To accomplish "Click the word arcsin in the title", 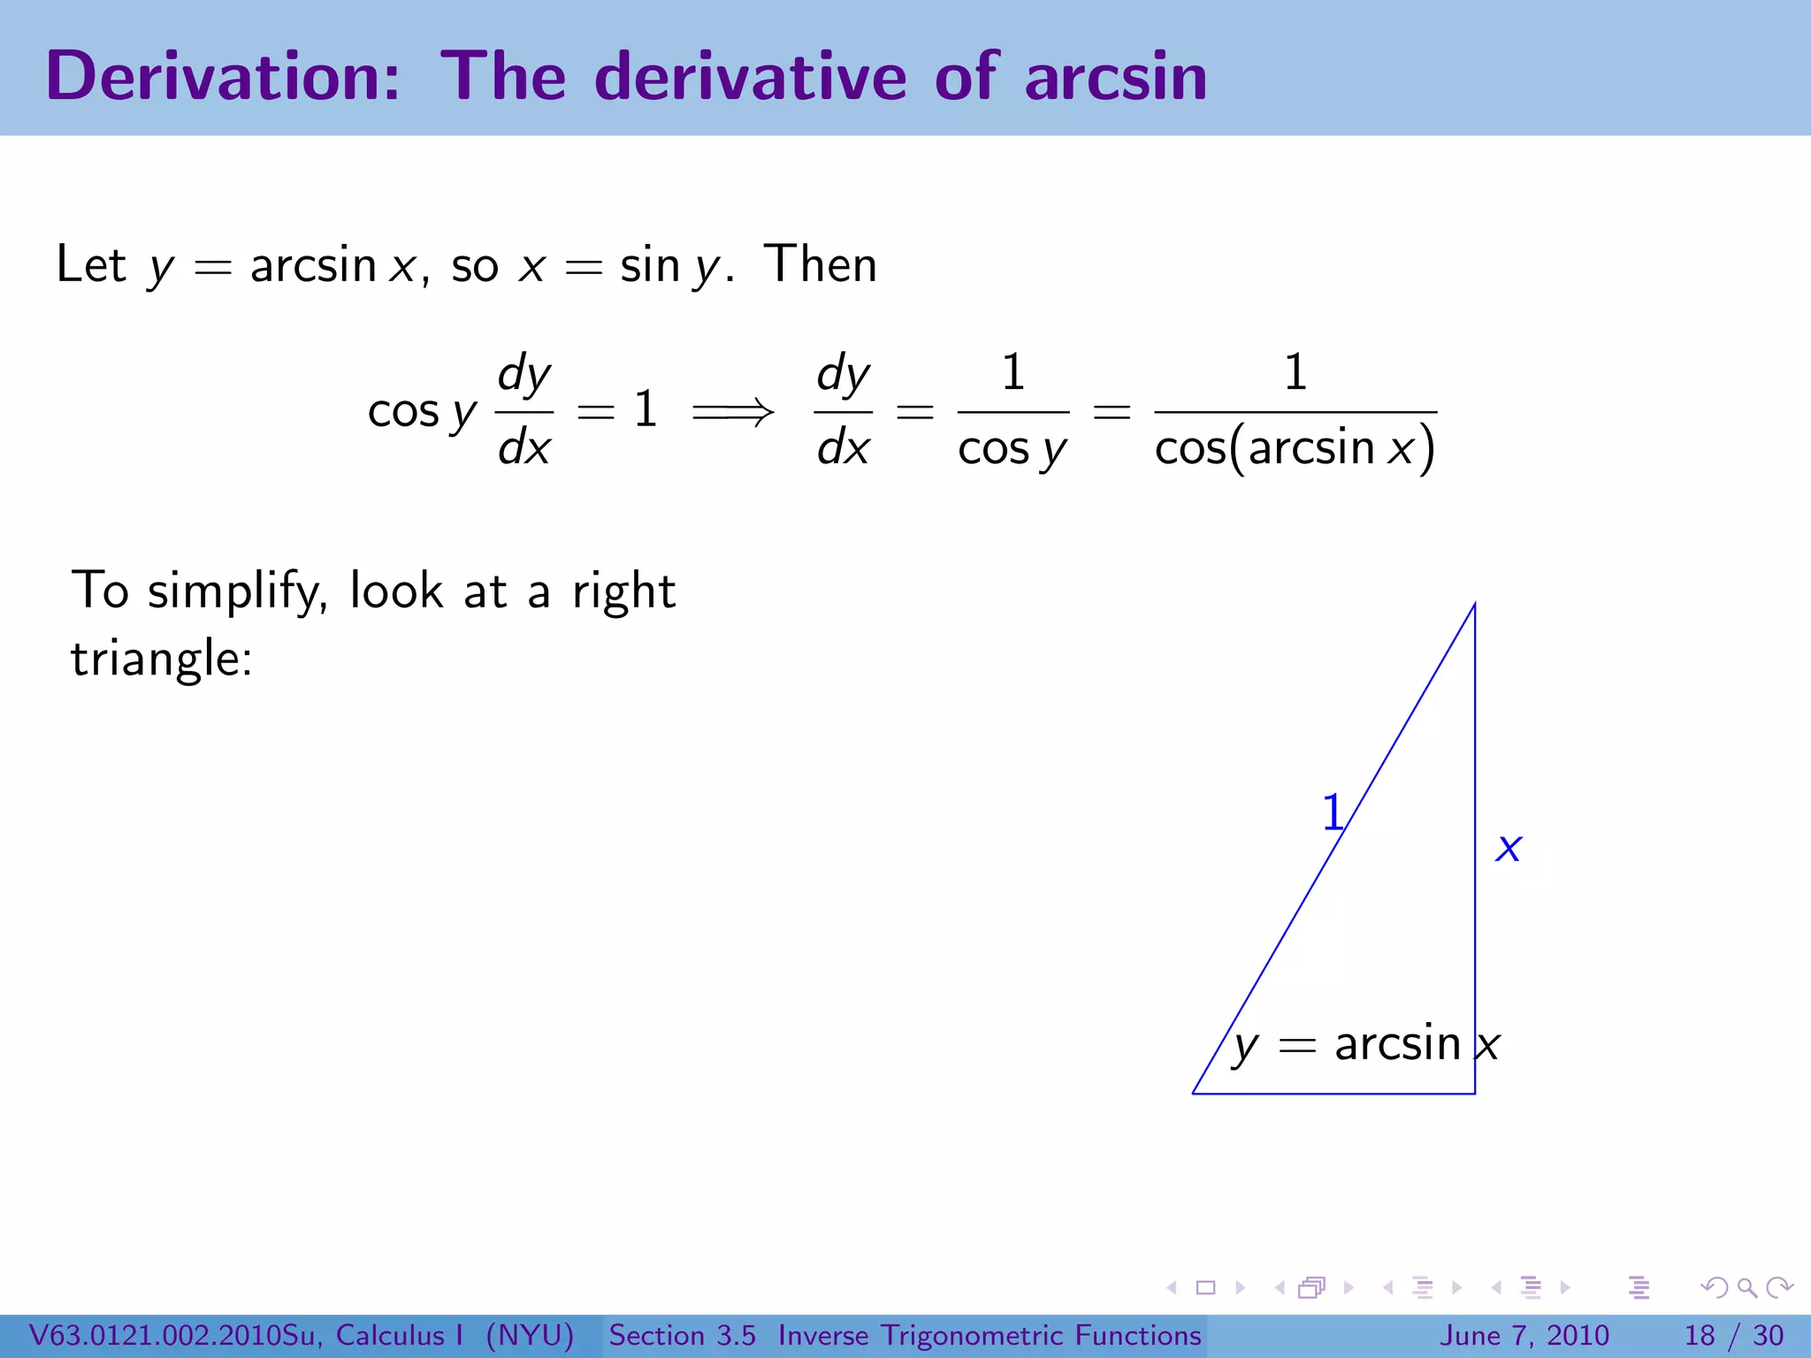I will pyautogui.click(x=1116, y=78).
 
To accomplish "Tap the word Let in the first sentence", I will pyautogui.click(x=90, y=264).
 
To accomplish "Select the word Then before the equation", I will pyautogui.click(x=821, y=264).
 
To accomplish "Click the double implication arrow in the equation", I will pyautogui.click(x=733, y=411).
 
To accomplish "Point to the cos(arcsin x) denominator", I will pyautogui.click(x=1295, y=448).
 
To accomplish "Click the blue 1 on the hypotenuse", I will pyautogui.click(x=1332, y=813).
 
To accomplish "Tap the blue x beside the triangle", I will pyautogui.click(x=1509, y=848).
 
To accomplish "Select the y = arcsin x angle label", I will pyautogui.click(x=1365, y=1045).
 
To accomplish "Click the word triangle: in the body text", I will pyautogui.click(x=162, y=660).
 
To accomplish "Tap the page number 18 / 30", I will pyautogui.click(x=1734, y=1336).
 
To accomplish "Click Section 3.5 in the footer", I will pyautogui.click(x=682, y=1336).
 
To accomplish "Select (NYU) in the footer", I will pyautogui.click(x=530, y=1336).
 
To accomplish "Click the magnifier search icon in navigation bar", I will pyautogui.click(x=1746, y=1288).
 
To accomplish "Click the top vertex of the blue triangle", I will pyautogui.click(x=1474, y=605).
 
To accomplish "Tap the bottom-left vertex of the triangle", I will pyautogui.click(x=1194, y=1093).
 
